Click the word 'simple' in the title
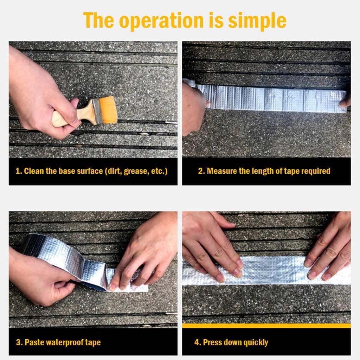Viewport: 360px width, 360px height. pyautogui.click(x=257, y=21)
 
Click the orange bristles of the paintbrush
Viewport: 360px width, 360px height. pyautogui.click(x=108, y=110)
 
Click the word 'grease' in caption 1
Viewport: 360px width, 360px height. pyautogui.click(x=135, y=172)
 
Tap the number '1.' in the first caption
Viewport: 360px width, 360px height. pyautogui.click(x=19, y=172)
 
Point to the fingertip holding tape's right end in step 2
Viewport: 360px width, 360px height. pyautogui.click(x=345, y=102)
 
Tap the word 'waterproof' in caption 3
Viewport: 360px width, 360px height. pyautogui.click(x=64, y=342)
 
